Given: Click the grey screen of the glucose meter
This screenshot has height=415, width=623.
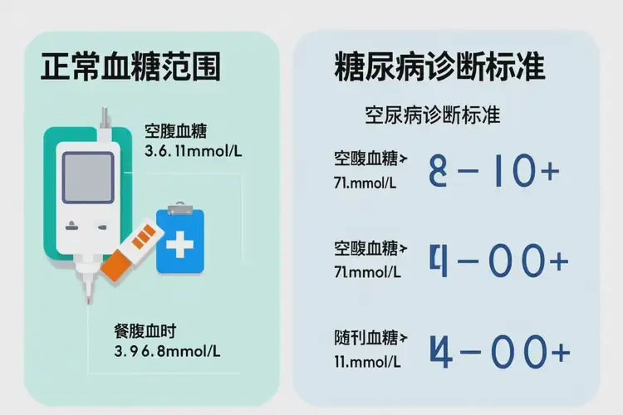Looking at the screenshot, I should (x=88, y=178).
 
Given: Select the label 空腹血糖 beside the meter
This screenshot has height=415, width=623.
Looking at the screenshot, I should (x=175, y=132).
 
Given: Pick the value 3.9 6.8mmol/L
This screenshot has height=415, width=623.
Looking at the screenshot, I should (x=166, y=351).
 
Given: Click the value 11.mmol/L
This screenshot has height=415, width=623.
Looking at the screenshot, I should (x=365, y=363).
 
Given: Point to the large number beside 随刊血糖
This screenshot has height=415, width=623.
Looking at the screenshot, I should (x=498, y=352).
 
